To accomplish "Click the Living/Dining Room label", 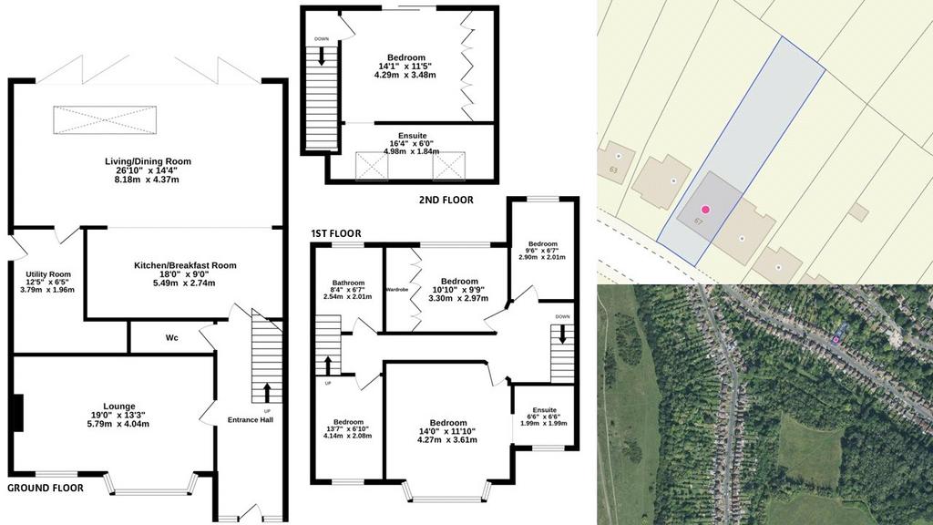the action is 149,161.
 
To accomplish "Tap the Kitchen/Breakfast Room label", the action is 185,265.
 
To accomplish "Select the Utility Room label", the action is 48,274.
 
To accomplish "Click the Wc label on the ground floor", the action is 172,338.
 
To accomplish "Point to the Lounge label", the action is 119,407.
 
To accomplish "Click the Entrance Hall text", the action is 251,419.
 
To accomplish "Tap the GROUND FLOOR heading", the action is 46,489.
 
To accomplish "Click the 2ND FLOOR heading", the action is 446,200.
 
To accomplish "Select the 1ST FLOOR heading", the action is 336,233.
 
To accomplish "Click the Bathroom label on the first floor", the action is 348,283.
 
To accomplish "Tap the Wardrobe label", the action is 397,289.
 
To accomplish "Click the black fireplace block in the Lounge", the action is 18,413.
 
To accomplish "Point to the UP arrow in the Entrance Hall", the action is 266,393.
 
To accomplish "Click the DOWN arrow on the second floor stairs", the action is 322,56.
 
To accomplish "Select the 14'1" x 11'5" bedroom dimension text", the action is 406,66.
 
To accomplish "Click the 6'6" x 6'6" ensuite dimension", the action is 545,417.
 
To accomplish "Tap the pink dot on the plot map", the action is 705,210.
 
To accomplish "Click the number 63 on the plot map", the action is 613,170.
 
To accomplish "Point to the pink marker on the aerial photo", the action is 836,339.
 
